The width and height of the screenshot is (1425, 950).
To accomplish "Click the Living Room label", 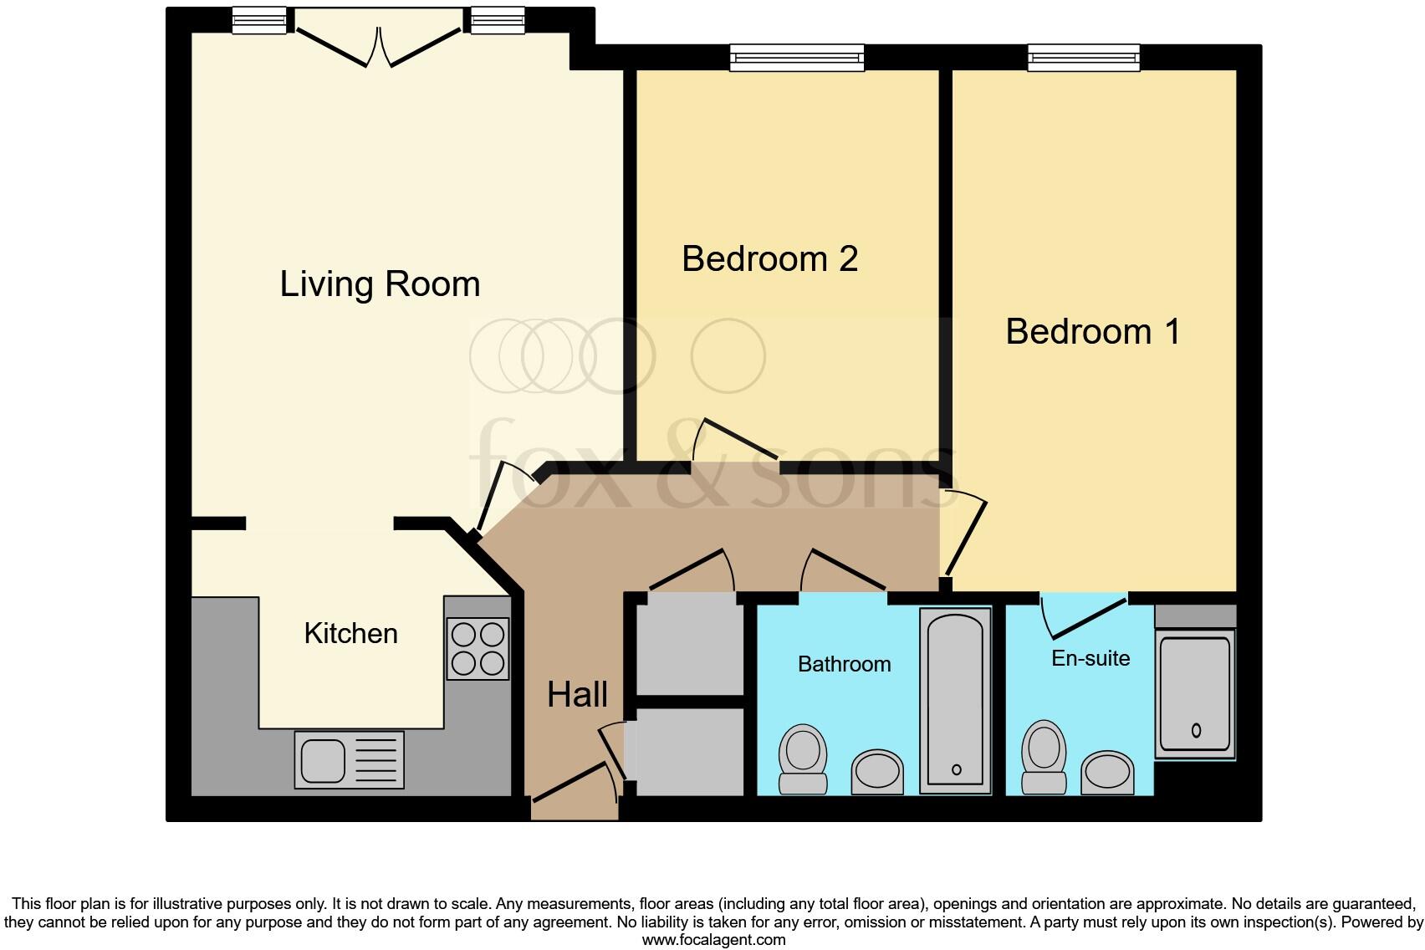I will [380, 284].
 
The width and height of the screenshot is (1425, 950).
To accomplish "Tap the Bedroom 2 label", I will [769, 258].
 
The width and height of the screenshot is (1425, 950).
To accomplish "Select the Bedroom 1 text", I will [1092, 332].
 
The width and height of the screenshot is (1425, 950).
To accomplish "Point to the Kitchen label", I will [350, 633].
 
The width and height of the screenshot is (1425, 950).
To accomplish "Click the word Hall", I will [577, 694].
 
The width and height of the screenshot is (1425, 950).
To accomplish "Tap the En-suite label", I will [1090, 658].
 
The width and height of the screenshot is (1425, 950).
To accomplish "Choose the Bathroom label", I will [844, 664].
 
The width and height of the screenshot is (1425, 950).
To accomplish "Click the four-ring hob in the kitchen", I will [478, 648].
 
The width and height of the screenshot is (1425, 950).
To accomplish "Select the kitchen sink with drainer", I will [349, 759].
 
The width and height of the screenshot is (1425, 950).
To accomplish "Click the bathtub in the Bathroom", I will [955, 701].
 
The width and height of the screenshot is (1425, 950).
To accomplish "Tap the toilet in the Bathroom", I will [803, 758].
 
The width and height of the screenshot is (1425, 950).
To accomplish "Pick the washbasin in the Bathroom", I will [877, 770].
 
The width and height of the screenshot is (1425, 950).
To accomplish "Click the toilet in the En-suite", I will [1044, 756].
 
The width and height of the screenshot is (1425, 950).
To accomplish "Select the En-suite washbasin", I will [1107, 774].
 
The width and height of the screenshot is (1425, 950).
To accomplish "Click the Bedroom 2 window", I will [796, 57].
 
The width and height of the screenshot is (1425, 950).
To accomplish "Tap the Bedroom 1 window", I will [1084, 57].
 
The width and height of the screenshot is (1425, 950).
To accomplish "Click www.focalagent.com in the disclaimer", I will [713, 940].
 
